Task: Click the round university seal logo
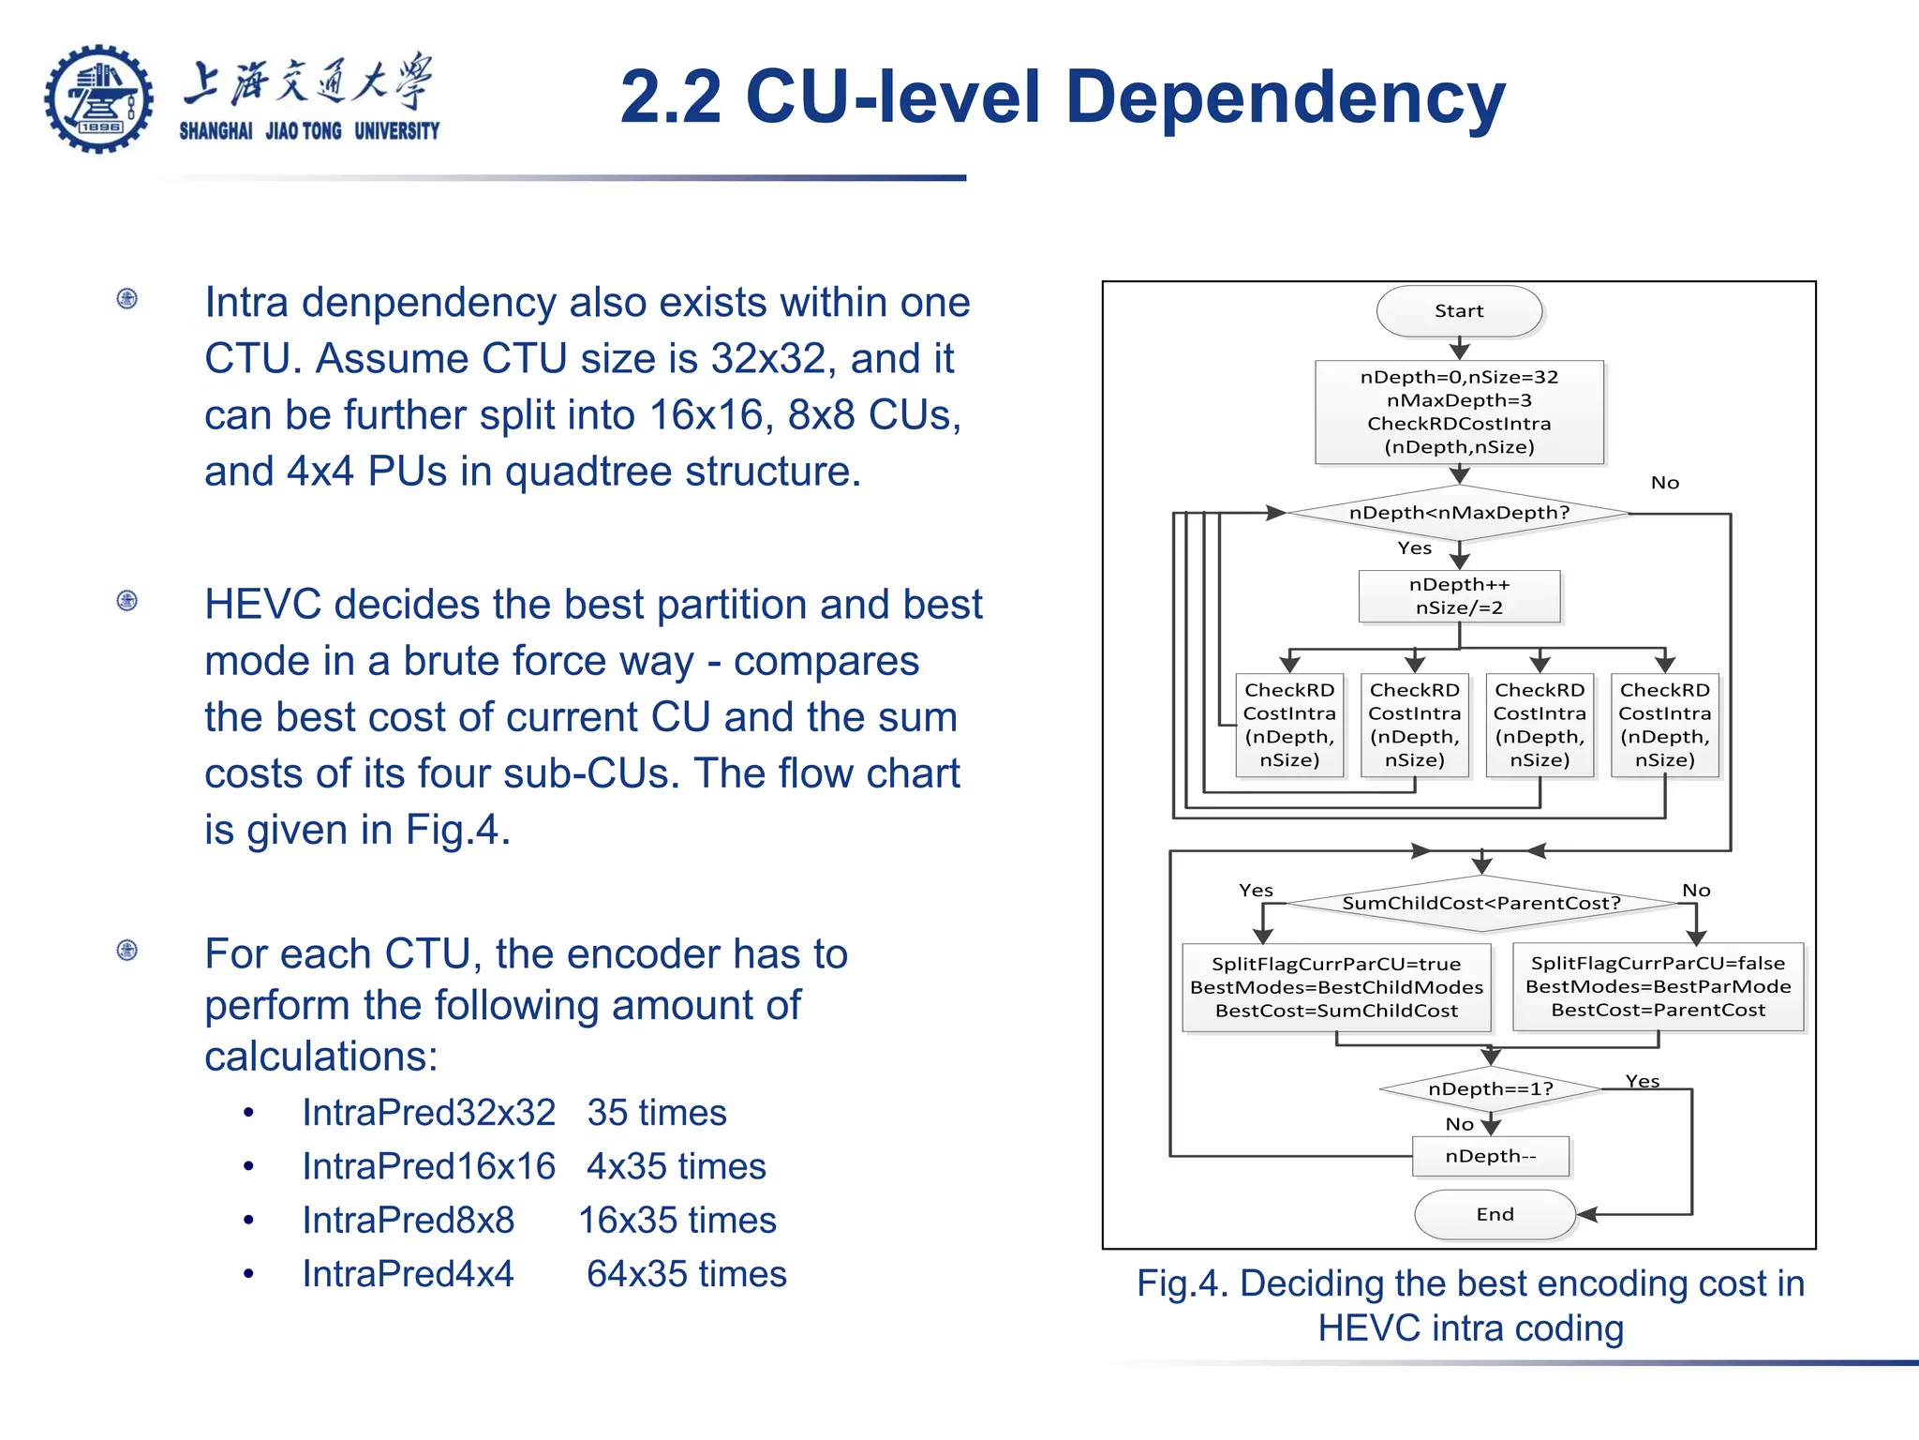pos(99,98)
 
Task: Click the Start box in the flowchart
pos(1459,311)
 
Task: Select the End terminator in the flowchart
pos(1495,1214)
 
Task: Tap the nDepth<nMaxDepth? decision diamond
pos(1459,513)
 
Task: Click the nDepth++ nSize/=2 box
pos(1459,596)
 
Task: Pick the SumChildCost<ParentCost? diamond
pos(1480,903)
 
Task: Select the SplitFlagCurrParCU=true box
pos(1336,987)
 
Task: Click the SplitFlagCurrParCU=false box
pos(1658,986)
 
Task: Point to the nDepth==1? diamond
pos(1490,1088)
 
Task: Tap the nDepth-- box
pos(1490,1156)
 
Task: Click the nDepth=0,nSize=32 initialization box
pos(1459,412)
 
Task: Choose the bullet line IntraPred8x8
pos(408,1220)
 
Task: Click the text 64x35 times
pos(686,1274)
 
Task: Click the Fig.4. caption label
pos(1182,1283)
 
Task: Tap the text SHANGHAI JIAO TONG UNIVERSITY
pos(309,131)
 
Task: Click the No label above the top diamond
pos(1664,483)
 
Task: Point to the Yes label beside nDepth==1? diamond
pos(1643,1081)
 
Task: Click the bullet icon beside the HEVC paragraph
pos(127,600)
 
